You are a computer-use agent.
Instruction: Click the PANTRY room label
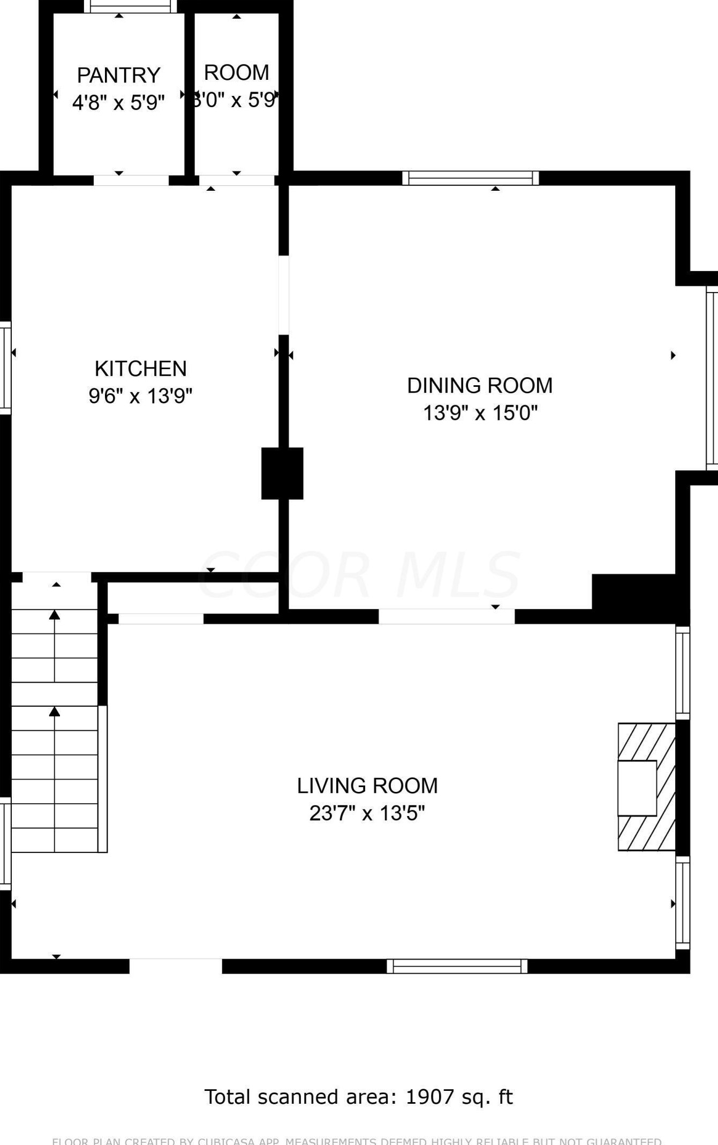(118, 75)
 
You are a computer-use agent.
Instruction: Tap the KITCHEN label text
(140, 369)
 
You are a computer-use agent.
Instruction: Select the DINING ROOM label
(480, 385)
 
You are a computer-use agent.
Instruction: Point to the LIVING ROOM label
(367, 785)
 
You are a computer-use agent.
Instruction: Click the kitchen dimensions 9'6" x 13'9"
(140, 396)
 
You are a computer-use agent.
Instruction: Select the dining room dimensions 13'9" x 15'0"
(480, 413)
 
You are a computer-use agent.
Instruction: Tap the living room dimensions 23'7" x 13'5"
(367, 813)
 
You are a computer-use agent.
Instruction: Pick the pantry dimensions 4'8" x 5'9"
(118, 102)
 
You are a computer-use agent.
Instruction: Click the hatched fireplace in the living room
(646, 787)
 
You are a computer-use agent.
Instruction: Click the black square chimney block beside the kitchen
(282, 473)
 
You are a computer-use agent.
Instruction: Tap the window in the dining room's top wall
(470, 178)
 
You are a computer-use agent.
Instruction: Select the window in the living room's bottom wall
(457, 966)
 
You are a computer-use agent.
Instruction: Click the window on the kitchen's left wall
(5, 368)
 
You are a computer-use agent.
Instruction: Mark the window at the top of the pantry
(130, 6)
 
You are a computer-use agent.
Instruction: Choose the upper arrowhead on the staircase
(55, 615)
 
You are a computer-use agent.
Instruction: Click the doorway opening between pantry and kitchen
(131, 180)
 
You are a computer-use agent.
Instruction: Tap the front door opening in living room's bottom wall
(176, 966)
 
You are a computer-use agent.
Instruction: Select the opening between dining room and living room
(447, 617)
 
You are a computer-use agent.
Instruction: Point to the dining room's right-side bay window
(712, 378)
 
